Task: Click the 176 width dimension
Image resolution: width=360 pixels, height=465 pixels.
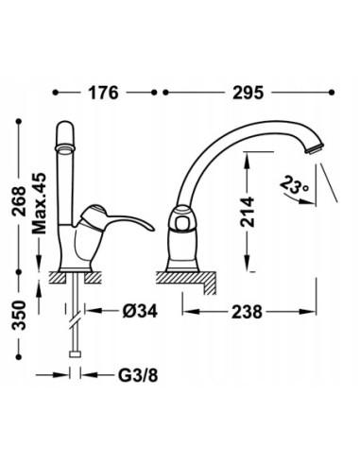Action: coord(103,93)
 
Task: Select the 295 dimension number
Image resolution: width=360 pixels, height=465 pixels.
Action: coord(248,93)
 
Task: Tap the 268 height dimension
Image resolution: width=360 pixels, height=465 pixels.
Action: coord(19,201)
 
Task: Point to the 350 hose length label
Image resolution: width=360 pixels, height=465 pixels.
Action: coord(19,315)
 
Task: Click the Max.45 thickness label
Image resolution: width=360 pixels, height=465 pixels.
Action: coord(40,203)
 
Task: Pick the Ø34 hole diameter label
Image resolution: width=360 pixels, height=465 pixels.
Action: coord(140,312)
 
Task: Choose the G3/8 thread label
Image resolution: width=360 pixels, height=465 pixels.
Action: coord(138,375)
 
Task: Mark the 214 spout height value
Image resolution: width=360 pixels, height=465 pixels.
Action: coord(248,212)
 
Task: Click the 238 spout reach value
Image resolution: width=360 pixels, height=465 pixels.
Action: coord(247,312)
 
